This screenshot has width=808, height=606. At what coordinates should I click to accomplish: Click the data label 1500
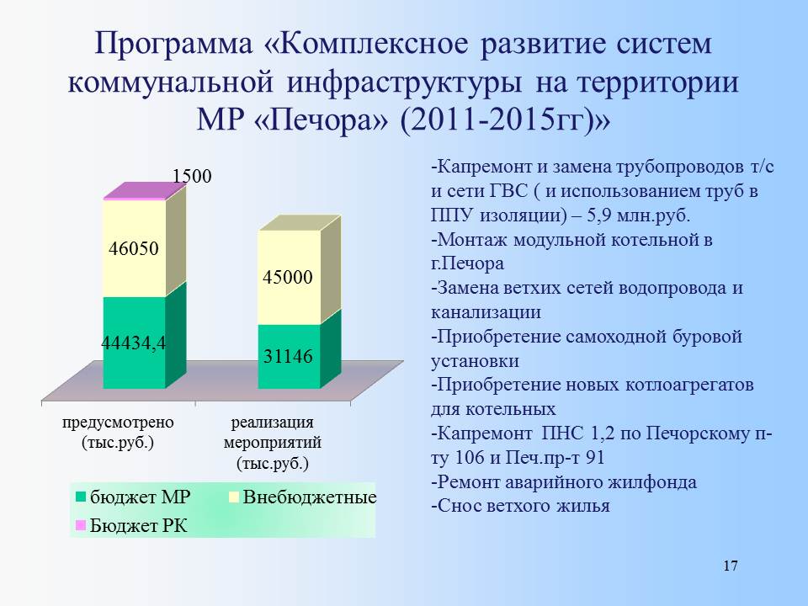tap(192, 176)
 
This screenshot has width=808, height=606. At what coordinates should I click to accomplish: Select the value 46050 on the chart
tap(134, 249)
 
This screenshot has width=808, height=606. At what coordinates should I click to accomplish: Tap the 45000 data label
tap(288, 277)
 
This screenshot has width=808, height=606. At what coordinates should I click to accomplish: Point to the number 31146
tap(288, 356)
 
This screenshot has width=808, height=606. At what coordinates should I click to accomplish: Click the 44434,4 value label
tap(134, 343)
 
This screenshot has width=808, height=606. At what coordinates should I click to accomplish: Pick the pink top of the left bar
tap(144, 191)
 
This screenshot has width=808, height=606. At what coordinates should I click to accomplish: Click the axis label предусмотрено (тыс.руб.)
tap(118, 433)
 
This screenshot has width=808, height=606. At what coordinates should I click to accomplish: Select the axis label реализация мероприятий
tap(273, 433)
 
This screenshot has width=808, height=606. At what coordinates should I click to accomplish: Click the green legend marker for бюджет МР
tap(81, 497)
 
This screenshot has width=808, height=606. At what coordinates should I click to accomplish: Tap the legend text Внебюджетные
tap(310, 497)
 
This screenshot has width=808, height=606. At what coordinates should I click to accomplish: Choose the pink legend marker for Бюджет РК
tap(81, 525)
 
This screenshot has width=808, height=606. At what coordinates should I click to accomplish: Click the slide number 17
tap(731, 566)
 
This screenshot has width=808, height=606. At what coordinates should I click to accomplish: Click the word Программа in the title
tap(173, 43)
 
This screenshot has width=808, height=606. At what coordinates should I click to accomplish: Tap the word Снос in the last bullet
tap(460, 506)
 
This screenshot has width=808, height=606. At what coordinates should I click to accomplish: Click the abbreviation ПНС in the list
tap(561, 433)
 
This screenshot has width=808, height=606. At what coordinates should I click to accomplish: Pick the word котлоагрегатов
tap(689, 385)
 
